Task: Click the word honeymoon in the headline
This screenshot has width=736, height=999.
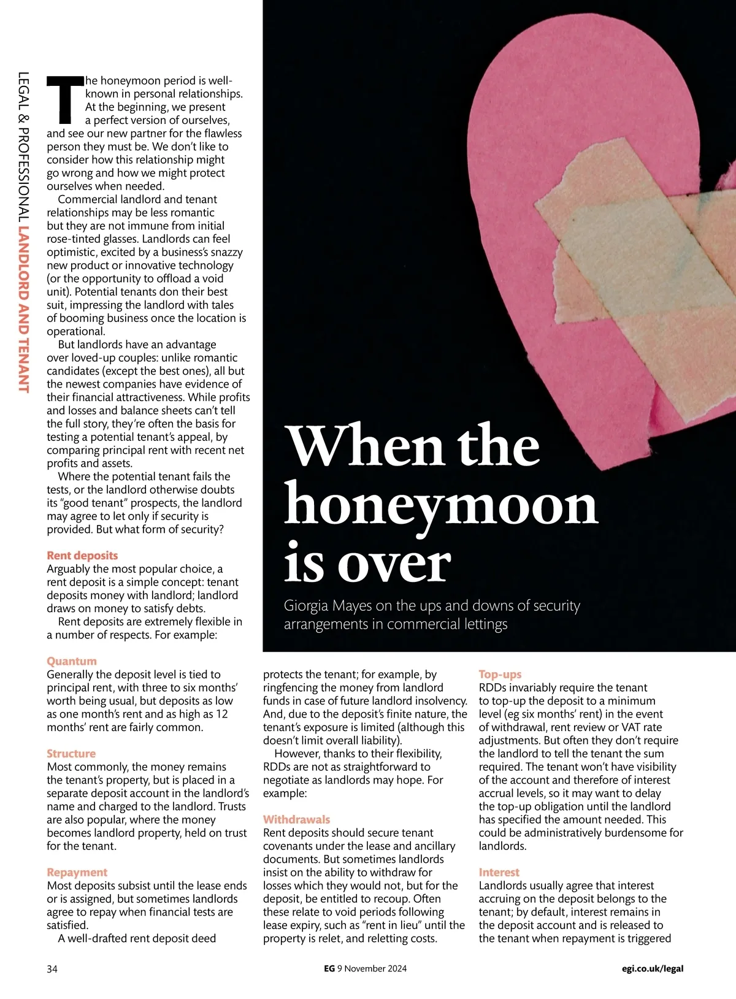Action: [x=440, y=507]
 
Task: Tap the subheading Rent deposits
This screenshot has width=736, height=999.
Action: [x=82, y=556]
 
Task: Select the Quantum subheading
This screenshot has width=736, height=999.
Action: [x=72, y=661]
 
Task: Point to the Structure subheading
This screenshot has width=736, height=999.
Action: [x=71, y=754]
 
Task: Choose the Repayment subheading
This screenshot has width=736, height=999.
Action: [x=77, y=872]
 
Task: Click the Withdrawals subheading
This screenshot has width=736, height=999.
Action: [x=296, y=819]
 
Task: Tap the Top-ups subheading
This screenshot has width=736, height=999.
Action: [x=500, y=675]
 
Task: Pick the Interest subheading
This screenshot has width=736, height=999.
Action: [x=499, y=872]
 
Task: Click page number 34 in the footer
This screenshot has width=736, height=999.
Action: [x=52, y=969]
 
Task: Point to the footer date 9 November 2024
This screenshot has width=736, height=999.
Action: [x=372, y=969]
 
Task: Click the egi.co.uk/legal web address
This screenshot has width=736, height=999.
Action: [x=652, y=969]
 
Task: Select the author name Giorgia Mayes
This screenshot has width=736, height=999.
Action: [x=328, y=606]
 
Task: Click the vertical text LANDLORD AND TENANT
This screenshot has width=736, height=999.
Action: [x=24, y=310]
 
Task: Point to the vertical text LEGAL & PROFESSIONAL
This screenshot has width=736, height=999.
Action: [x=24, y=148]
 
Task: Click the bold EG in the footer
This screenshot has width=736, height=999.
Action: [x=329, y=969]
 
